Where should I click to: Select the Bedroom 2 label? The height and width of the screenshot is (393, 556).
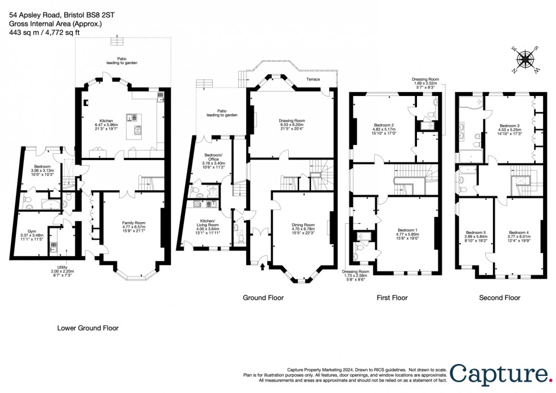[x=384, y=125]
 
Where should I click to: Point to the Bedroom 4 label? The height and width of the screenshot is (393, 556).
[x=518, y=233]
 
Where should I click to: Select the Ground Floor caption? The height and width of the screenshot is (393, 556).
[x=263, y=298]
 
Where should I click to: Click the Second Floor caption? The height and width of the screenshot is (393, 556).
[x=499, y=298]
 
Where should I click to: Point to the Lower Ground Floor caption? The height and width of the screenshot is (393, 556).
[x=88, y=328]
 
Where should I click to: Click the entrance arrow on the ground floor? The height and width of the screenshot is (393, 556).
[x=262, y=261]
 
